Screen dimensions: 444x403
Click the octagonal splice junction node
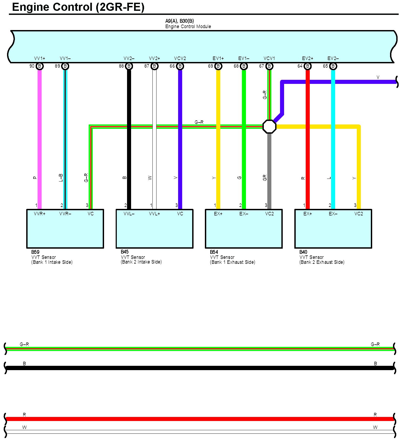click(x=269, y=127)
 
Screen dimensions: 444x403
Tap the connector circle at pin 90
click(x=39, y=66)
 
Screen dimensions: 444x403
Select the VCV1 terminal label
click(x=269, y=58)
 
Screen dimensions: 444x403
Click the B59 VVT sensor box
click(x=65, y=230)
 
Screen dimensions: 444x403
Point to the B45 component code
click(x=125, y=252)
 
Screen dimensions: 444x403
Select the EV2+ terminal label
click(x=308, y=58)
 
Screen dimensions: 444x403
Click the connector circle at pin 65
click(x=333, y=66)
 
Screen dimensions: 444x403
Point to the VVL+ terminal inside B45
click(x=154, y=214)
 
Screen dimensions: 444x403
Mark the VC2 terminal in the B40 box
click(x=359, y=214)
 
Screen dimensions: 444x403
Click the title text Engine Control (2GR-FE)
click(x=78, y=7)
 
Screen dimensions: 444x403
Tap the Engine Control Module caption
click(x=188, y=27)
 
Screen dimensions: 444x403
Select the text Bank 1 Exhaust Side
click(x=232, y=262)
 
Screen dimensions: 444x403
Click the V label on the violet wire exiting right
click(x=378, y=77)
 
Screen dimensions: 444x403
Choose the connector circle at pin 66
click(x=180, y=66)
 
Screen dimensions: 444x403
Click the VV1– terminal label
click(x=65, y=58)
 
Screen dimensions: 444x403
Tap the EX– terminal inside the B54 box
click(x=244, y=214)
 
